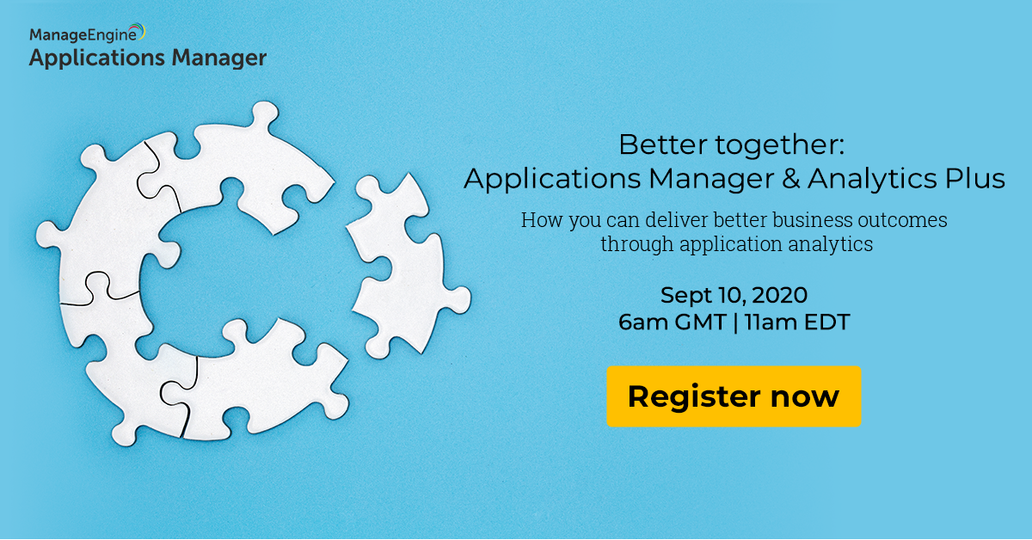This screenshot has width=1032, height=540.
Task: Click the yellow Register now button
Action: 734,396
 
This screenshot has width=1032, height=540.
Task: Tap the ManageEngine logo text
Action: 83,35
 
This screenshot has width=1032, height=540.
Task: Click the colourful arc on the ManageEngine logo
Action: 138,30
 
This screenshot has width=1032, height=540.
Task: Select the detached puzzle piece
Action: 408,266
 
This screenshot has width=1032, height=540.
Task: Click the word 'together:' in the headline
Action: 779,146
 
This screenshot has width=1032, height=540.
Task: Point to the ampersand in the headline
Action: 790,179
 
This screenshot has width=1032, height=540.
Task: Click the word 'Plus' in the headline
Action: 975,178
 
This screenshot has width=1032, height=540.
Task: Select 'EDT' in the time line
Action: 827,322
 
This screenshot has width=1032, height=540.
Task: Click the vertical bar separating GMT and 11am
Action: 734,322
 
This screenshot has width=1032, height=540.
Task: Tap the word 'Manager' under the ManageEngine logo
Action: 218,58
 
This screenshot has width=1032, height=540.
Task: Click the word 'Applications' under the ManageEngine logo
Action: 96,59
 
